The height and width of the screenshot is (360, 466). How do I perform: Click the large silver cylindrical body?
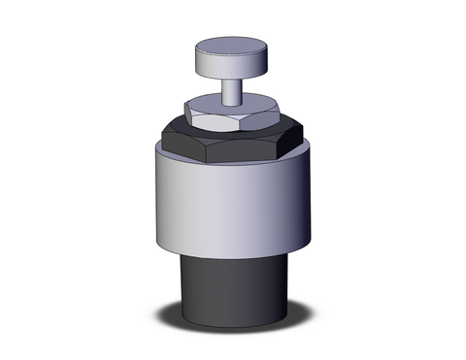click(233, 204)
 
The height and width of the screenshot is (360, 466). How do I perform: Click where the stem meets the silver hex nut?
click(230, 103)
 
